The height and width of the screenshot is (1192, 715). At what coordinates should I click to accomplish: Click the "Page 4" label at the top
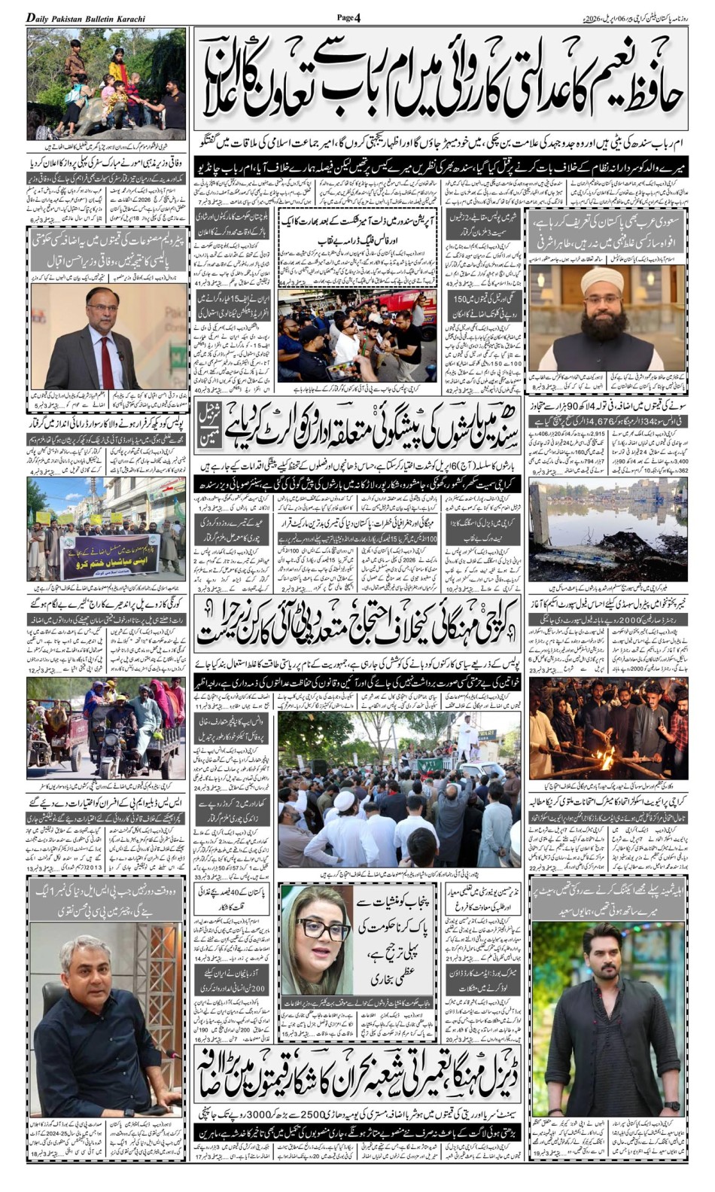pos(348,17)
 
